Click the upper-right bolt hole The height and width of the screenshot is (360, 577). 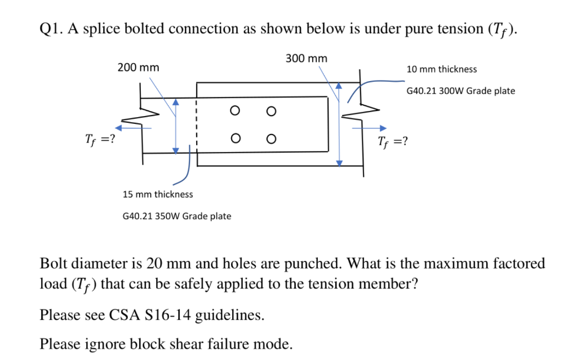(271, 112)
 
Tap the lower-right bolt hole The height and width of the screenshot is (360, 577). (271, 138)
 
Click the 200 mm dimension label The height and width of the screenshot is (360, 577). (138, 68)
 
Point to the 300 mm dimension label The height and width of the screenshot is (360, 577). (306, 58)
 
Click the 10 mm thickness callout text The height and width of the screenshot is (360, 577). (441, 69)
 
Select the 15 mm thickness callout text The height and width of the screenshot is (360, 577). (158, 194)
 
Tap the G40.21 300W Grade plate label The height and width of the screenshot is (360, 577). (460, 91)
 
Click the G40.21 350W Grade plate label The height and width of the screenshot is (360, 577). (176, 216)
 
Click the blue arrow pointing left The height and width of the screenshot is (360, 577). (135, 128)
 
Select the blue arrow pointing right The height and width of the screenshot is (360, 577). (370, 128)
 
